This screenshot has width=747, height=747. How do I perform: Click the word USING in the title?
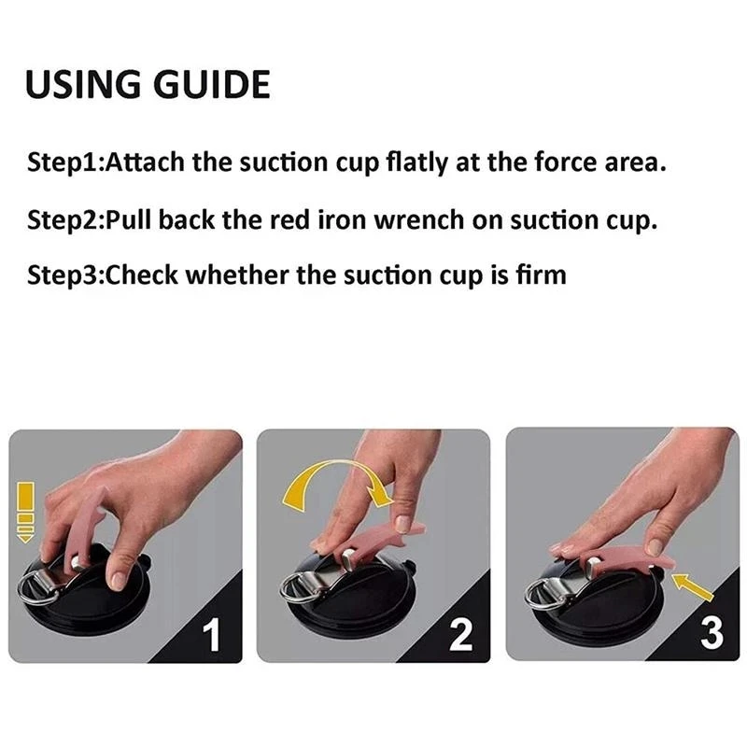pyautogui.click(x=83, y=84)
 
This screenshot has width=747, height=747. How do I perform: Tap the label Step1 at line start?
pyautogui.click(x=63, y=162)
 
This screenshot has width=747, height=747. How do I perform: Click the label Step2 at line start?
pyautogui.click(x=63, y=220)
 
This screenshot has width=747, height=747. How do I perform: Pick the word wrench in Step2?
pyautogui.click(x=418, y=220)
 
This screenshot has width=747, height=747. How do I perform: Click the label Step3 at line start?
pyautogui.click(x=63, y=275)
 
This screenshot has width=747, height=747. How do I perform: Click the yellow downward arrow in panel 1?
pyautogui.click(x=26, y=512)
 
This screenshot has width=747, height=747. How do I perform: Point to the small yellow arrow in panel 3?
pyautogui.click(x=692, y=586)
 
